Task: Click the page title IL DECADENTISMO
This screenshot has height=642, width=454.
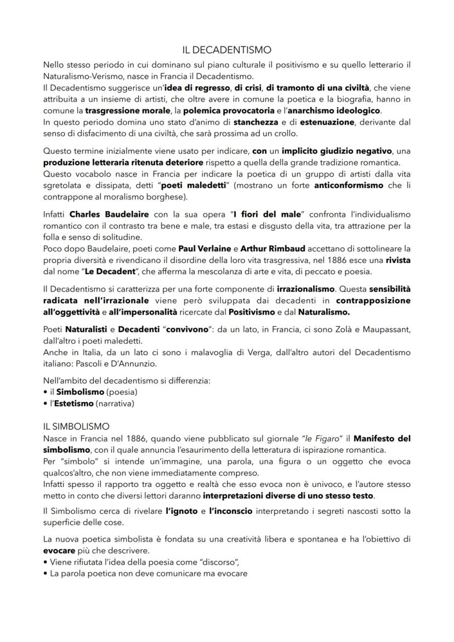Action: (x=227, y=50)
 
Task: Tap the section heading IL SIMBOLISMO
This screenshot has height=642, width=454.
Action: (x=76, y=425)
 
